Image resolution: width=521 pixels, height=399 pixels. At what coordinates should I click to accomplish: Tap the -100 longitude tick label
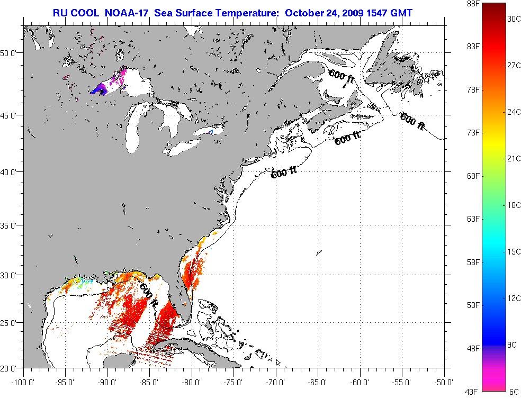click(22, 382)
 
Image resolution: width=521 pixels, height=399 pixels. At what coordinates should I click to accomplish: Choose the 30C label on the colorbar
click(514, 19)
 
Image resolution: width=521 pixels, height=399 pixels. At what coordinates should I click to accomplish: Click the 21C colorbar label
click(514, 159)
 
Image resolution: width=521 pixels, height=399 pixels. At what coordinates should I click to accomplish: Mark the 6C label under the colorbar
click(514, 392)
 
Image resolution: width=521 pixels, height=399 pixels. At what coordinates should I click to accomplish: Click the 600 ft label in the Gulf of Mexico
click(149, 296)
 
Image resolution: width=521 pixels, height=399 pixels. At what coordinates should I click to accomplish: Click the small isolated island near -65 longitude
click(319, 252)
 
